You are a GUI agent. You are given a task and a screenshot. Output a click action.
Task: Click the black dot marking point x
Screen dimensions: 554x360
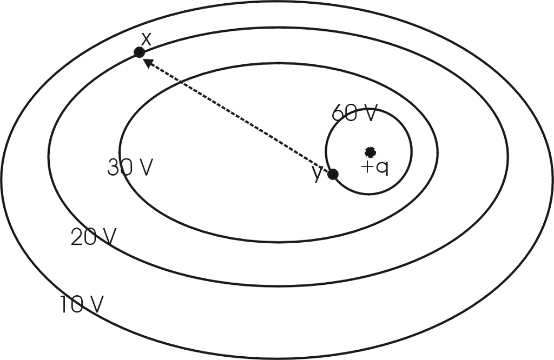point(139,52)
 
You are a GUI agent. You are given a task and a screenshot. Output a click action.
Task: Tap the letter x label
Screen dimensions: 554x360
point(146,39)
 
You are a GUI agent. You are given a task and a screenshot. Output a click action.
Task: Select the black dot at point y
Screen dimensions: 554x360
point(333,174)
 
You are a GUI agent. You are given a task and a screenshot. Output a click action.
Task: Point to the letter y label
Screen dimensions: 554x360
point(318,174)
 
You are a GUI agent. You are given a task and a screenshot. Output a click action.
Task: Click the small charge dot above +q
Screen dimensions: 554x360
point(370,151)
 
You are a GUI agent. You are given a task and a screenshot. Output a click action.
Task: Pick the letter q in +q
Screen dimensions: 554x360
point(382,168)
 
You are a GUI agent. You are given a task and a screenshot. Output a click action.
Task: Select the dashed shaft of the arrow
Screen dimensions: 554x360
point(238,117)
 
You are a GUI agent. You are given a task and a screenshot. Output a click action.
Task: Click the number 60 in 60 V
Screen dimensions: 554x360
point(344,114)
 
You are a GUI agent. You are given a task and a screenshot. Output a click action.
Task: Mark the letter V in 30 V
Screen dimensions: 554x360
point(145,168)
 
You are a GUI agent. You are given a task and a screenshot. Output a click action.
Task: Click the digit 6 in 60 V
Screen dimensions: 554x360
point(338,114)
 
